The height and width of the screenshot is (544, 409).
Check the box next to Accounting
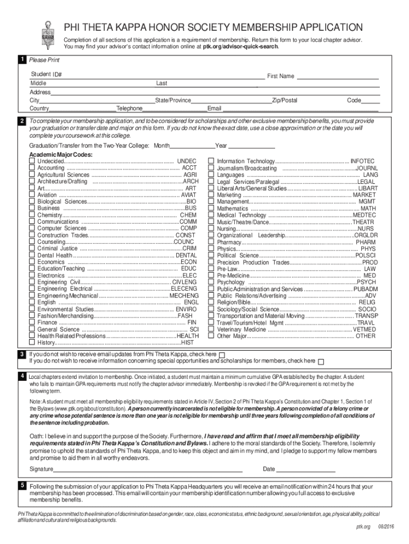32,168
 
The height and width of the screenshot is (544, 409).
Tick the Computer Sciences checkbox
32,228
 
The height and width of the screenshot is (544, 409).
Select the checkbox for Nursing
211,228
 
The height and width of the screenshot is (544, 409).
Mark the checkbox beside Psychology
211,282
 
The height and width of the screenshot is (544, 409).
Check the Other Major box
211,336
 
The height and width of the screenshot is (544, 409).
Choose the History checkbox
32,343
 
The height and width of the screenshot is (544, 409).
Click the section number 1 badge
22,59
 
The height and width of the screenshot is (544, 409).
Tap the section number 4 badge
22,376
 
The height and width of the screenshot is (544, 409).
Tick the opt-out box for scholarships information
321,362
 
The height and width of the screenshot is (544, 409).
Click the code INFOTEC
362,161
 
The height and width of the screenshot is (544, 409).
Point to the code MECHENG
184,295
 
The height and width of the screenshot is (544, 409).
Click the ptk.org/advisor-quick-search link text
240,47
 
